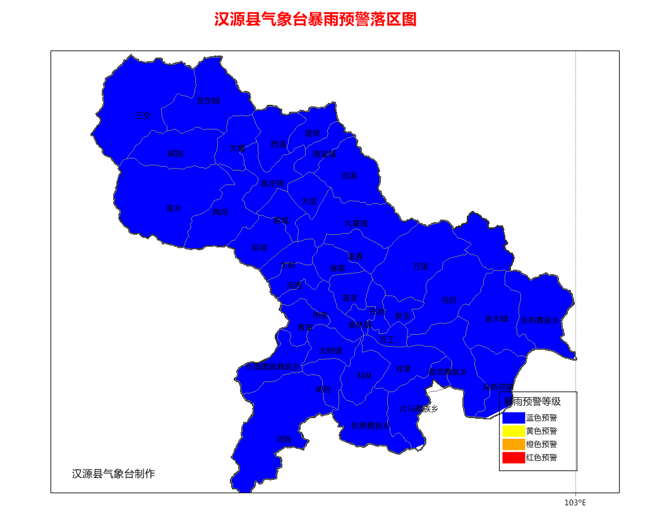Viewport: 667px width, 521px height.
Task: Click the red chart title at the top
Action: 315,20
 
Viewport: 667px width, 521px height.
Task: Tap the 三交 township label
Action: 143,116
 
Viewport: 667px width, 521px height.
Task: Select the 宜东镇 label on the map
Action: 208,101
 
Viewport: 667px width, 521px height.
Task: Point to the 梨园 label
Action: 175,153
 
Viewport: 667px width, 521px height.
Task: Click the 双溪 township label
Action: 349,176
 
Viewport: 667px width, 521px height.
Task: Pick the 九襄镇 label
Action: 356,224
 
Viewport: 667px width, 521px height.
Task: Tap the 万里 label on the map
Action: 421,267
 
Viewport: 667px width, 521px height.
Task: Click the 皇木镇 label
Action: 496,319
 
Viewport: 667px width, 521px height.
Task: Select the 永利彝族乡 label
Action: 540,320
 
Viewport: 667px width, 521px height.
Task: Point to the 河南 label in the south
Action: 284,440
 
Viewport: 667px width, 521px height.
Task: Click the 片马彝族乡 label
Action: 419,409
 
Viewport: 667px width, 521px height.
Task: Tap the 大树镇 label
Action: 330,351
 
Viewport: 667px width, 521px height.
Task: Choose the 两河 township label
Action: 220,213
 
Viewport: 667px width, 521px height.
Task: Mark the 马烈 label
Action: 448,300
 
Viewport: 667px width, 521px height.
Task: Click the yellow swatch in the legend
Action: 514,431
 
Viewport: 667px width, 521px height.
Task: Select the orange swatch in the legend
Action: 514,445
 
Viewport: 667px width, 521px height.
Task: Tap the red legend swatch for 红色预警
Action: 514,458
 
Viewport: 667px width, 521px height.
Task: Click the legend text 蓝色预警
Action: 541,418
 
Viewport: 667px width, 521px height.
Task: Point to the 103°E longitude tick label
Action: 575,503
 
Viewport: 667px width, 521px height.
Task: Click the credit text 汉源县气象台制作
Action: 113,474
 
